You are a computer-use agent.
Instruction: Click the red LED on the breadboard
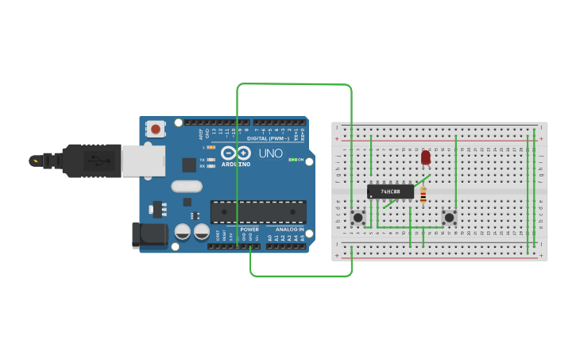(426, 157)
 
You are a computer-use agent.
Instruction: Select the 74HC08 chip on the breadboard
(391, 192)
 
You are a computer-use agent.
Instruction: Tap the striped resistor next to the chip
(423, 194)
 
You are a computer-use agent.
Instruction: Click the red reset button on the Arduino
(156, 129)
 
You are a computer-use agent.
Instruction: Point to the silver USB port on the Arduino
(143, 161)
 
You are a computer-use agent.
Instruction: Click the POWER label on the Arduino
(249, 229)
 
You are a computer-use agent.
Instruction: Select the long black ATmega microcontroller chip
(258, 212)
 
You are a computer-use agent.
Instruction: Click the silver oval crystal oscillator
(187, 188)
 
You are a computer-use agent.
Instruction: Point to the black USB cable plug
(91, 161)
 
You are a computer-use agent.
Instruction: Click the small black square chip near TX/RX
(189, 165)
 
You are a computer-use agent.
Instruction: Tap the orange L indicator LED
(212, 148)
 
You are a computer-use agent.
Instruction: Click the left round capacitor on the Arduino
(183, 232)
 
